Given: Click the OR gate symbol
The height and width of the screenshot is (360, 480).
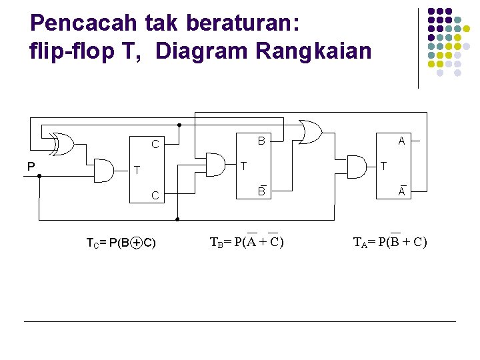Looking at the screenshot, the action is coord(310,132).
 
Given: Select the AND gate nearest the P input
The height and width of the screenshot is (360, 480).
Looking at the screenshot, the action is coord(104,171).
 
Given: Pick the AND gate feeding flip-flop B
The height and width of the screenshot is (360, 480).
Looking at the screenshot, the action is coord(215,164).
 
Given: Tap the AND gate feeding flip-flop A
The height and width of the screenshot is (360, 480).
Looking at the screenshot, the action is coord(355,165).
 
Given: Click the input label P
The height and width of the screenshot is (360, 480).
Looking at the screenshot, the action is coord(31,167).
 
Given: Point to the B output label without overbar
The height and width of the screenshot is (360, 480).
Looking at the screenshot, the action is coord(262,141).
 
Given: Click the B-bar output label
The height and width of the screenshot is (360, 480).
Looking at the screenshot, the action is coord(262,192).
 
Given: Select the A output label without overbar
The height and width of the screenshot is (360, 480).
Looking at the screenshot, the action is coord(401,141).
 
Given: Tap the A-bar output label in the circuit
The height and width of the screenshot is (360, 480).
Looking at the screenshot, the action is coord(402,192).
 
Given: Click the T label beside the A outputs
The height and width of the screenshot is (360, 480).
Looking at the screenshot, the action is coord(383,165).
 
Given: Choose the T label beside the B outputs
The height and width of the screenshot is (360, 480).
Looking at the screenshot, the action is coord(244,165).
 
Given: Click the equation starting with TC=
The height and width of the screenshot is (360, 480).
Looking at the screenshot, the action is coord(121,243).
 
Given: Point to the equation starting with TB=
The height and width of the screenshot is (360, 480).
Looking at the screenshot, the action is coord(247,241).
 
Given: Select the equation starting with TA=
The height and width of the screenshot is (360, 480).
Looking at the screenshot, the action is coord(389,241).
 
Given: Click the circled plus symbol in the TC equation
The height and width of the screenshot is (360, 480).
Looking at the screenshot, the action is coord(136,243).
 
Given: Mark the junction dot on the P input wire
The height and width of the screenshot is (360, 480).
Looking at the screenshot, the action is coord(39,176).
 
